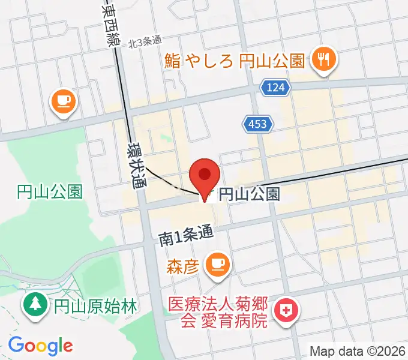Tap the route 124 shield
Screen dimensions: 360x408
tap(275, 88)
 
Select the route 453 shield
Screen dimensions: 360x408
tap(258, 124)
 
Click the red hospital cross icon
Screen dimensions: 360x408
tap(284, 311)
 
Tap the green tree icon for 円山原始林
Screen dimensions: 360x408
tap(35, 305)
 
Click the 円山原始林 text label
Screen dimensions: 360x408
tap(94, 305)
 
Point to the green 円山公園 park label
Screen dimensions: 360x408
tap(49, 192)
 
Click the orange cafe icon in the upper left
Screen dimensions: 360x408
tap(63, 100)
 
